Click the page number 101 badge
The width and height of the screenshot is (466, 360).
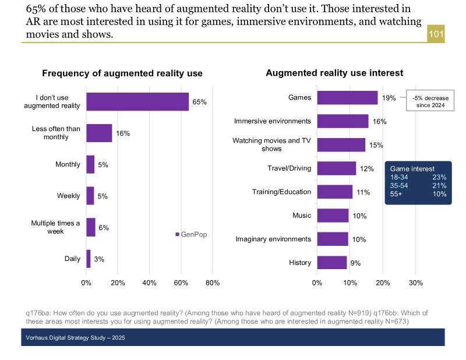point(436,34)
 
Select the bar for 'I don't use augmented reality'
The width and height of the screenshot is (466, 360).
point(137,101)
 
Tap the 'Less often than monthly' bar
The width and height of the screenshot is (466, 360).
point(99,133)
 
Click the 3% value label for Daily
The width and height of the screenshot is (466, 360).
point(99,259)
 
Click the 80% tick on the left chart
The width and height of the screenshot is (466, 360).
point(213,283)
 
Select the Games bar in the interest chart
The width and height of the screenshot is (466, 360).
point(347,97)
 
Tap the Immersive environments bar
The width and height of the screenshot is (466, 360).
point(343,121)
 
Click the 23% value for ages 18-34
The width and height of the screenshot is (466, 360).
point(439,177)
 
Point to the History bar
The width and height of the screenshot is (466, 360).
point(332,263)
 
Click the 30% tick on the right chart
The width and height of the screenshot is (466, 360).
point(415,283)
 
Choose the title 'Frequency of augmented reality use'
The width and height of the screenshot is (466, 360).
point(122,73)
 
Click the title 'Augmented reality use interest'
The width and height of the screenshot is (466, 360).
point(334,73)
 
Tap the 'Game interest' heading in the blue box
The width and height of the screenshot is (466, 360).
point(412,169)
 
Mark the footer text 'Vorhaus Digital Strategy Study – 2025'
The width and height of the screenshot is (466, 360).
point(75,338)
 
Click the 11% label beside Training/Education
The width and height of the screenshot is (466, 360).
point(363,192)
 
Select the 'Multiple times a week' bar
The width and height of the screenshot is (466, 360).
point(91,227)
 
